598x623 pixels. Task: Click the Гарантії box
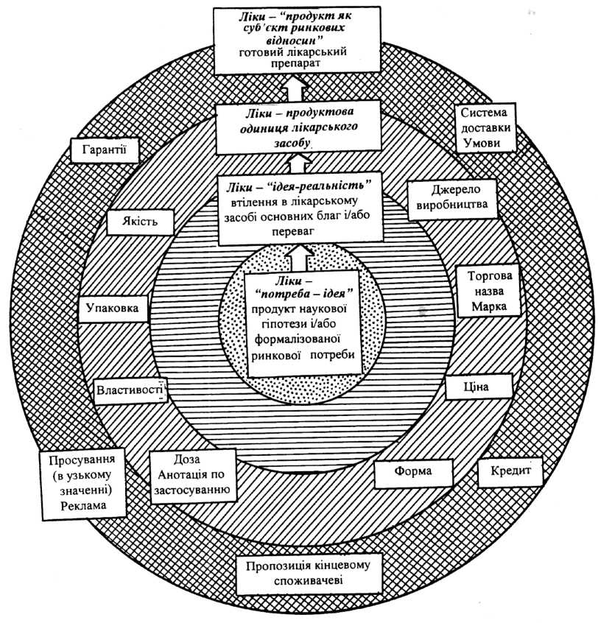104,150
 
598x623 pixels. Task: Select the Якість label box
140,222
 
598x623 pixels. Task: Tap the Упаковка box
113,309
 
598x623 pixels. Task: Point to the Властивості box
130,391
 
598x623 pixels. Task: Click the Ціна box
478,387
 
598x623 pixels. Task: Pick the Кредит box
510,472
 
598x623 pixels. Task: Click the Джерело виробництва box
452,199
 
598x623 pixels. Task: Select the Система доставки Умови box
485,128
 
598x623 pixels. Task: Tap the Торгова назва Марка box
488,291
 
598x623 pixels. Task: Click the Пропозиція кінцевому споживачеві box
309,574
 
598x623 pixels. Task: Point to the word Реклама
83,506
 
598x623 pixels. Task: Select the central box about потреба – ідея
303,323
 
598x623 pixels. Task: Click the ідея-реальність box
300,208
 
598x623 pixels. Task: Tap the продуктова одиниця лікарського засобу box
298,127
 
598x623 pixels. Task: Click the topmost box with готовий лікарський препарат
296,41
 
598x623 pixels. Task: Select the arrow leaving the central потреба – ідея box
300,258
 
